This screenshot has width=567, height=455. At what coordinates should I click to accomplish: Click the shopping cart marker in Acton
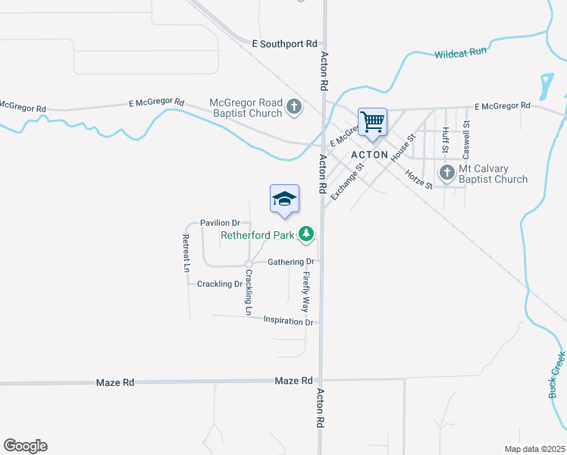coord(372,121)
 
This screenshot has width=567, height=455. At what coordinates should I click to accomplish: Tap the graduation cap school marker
coord(284,199)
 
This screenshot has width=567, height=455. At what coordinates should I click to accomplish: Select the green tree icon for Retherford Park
coord(306,234)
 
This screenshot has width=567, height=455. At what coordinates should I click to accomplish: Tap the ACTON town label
coord(369,155)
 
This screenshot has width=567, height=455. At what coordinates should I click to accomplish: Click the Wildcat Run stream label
coord(460,54)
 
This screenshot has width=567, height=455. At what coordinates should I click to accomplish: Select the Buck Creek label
coord(556,375)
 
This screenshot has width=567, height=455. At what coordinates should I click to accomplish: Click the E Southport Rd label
coord(284,45)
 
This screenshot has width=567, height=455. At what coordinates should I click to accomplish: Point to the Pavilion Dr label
coord(220,223)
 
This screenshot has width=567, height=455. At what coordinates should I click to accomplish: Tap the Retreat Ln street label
coord(186,253)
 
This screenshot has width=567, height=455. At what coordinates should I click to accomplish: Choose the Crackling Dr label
coord(219,284)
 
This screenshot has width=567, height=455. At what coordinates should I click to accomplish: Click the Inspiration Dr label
coord(288,322)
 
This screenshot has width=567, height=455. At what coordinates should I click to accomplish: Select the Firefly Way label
coord(306,292)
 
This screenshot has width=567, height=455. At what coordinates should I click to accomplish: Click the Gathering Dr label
coord(291,262)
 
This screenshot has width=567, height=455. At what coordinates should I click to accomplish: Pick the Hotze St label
coord(418,179)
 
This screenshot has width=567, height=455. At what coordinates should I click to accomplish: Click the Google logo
coord(25,446)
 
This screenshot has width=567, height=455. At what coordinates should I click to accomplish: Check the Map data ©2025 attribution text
coord(534,449)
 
